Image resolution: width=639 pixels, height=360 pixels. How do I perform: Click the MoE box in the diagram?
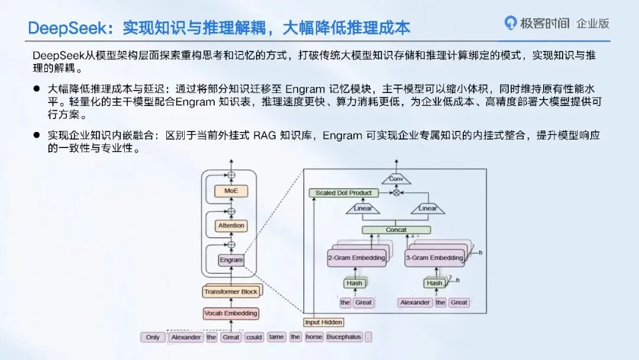(231, 191)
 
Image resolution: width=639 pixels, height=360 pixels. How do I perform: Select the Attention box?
(231, 226)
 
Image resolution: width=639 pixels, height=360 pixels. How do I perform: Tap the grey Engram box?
(231, 260)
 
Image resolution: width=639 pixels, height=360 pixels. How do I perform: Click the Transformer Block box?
(231, 292)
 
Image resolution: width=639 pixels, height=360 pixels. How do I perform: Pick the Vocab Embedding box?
(231, 313)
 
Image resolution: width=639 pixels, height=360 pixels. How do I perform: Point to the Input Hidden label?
(323, 322)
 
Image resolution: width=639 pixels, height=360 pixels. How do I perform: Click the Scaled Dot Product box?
(343, 193)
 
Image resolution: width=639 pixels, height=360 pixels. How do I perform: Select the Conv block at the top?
(396, 178)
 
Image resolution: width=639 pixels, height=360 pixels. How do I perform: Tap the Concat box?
(396, 230)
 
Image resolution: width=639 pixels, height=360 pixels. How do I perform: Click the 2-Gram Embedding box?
(356, 258)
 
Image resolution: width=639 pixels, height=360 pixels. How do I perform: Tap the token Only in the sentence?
(153, 337)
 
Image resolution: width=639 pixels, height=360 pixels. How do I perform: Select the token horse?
(314, 337)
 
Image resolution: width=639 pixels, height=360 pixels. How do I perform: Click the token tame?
(276, 337)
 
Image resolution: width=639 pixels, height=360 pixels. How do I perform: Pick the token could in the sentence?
(254, 337)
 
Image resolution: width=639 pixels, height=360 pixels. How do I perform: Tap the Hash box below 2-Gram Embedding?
(354, 283)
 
